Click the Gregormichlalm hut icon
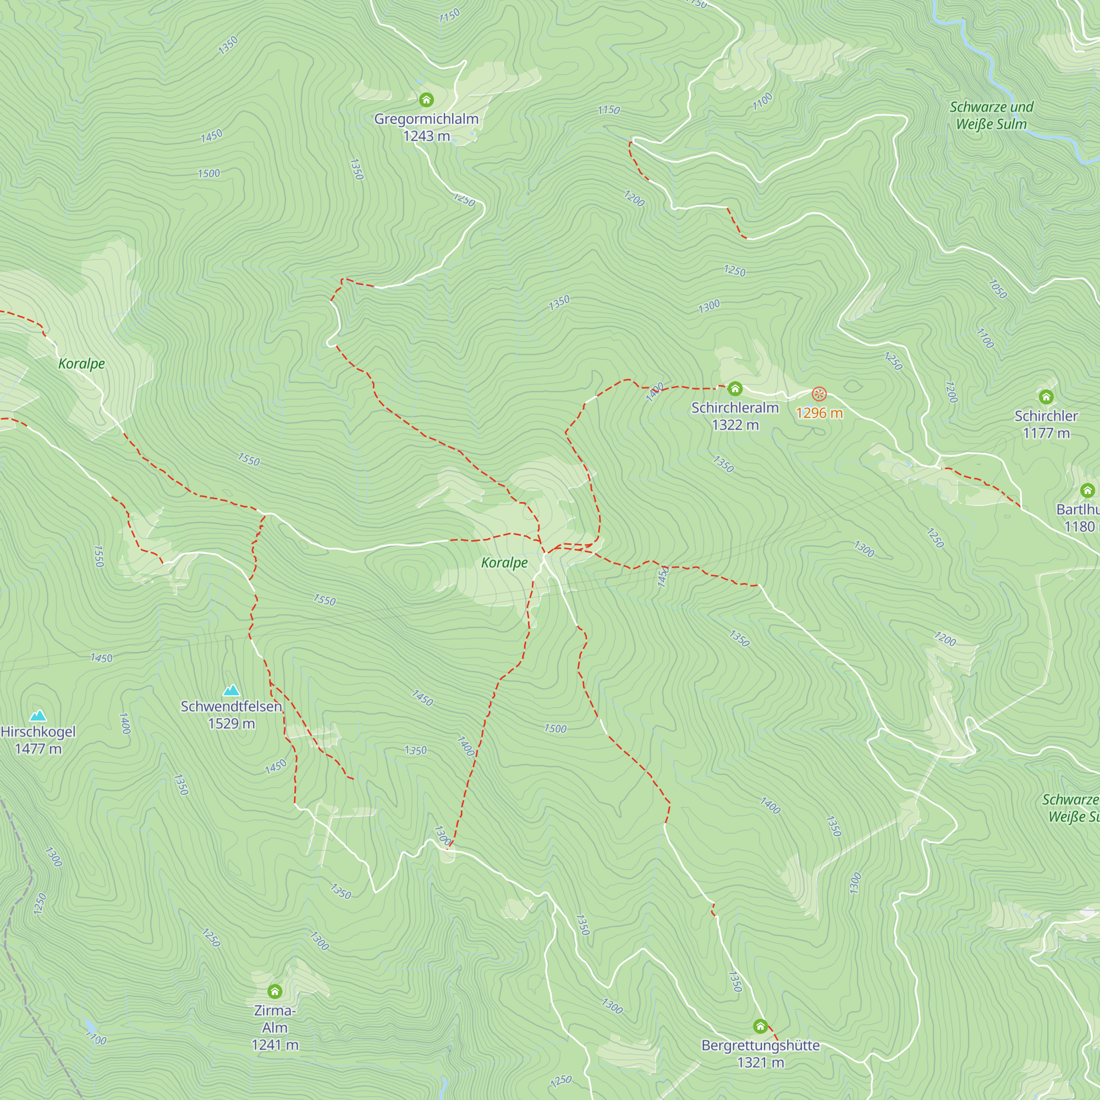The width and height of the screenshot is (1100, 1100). (426, 100)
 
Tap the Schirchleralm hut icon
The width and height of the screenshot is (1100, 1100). (735, 389)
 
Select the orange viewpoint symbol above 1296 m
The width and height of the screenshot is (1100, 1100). (819, 393)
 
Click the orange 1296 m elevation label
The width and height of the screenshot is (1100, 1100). (819, 413)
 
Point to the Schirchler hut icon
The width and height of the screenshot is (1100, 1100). (1046, 397)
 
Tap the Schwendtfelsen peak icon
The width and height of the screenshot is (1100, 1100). (231, 691)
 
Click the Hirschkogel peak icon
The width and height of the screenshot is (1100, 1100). (38, 716)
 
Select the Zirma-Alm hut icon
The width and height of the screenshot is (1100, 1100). (275, 992)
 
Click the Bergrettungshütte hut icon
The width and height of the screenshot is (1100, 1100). (760, 1026)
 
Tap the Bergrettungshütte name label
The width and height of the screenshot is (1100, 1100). (760, 1046)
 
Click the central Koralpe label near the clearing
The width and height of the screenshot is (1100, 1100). (504, 563)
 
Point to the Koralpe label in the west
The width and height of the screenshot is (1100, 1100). (81, 363)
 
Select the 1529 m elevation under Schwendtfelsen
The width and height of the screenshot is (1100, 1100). (231, 724)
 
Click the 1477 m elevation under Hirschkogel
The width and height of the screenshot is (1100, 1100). (38, 749)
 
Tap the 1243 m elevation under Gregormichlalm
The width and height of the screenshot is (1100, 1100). (426, 136)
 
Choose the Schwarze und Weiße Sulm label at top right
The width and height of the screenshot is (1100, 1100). (991, 116)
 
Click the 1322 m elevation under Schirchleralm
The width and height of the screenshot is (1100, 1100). (735, 425)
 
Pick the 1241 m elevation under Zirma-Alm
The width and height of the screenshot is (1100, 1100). (275, 1045)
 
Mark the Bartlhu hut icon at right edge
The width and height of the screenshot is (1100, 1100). (1087, 490)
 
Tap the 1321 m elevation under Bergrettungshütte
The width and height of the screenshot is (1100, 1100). (760, 1063)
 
